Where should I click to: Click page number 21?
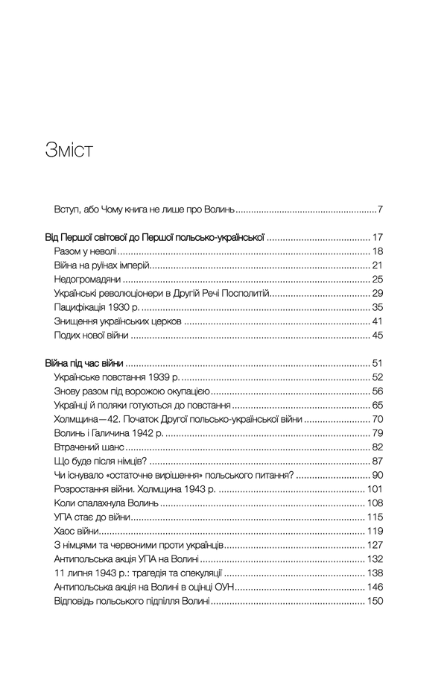click(x=376, y=265)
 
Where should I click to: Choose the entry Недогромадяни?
click(x=88, y=280)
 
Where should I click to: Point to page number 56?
click(x=376, y=391)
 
